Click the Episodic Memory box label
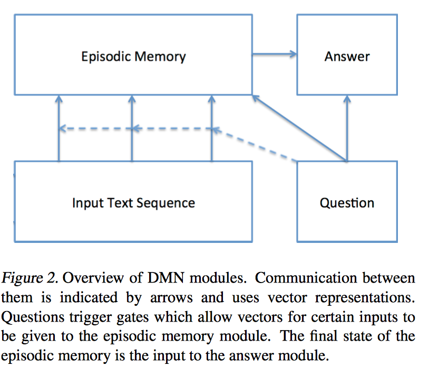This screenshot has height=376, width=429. click(133, 56)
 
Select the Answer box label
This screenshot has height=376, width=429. click(347, 56)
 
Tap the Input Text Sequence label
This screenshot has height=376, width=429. click(133, 203)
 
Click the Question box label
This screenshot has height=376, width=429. click(347, 203)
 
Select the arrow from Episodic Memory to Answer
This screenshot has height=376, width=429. click(274, 54)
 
